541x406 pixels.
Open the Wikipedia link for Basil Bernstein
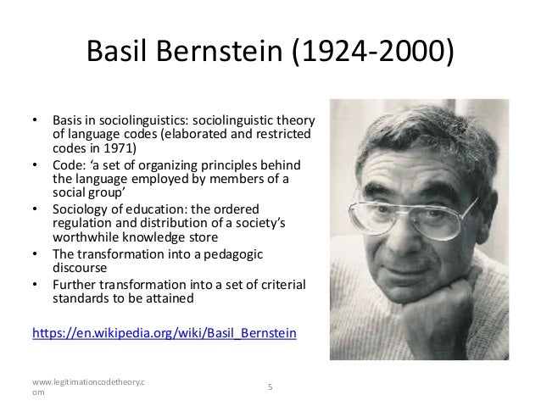pos(164,333)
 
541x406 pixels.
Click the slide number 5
pos(270,387)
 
